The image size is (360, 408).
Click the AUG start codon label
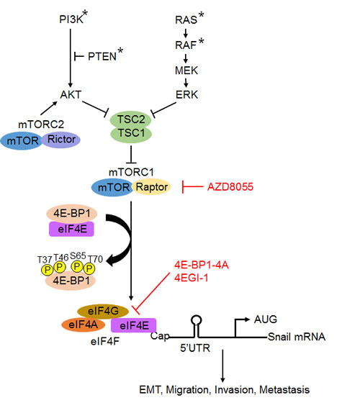coord(265,317)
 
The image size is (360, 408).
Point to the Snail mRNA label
coord(296,337)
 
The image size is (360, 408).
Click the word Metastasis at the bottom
coord(286,390)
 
